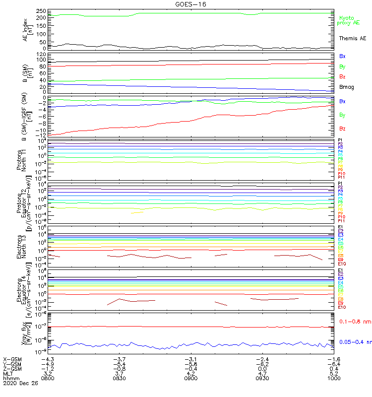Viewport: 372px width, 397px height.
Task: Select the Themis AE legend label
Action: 352,38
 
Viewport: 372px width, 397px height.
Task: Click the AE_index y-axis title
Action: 28,29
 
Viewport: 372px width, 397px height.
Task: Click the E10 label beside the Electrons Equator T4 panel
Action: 342,307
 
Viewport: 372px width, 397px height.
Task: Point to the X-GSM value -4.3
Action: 47,359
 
